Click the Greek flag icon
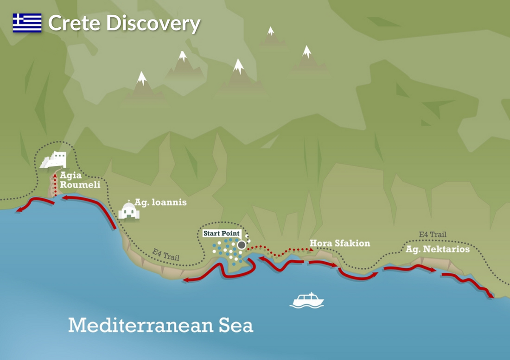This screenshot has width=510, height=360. pyautogui.click(x=27, y=23)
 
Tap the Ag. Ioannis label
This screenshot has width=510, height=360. pyautogui.click(x=160, y=202)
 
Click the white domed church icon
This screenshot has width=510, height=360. pyautogui.click(x=129, y=211)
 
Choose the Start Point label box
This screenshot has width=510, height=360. pyautogui.click(x=221, y=234)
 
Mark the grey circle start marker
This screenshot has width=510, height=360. pyautogui.click(x=242, y=245)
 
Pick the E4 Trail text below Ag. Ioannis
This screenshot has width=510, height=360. pyautogui.click(x=166, y=255)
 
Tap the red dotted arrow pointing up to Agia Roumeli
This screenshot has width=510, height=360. pyautogui.click(x=55, y=184)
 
